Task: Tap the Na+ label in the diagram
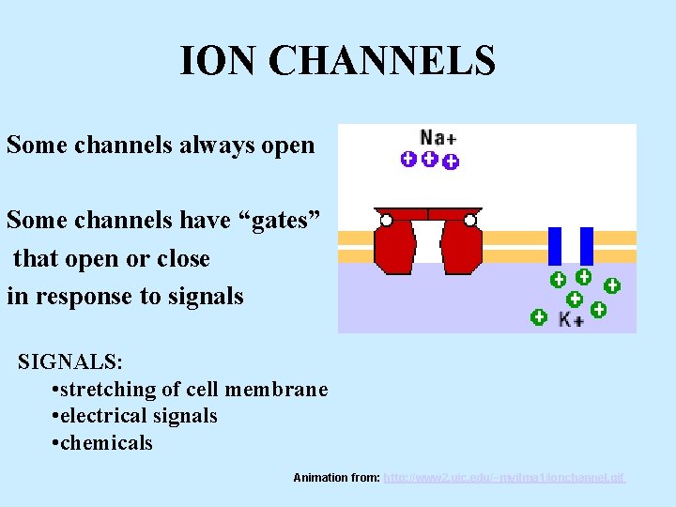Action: tap(438, 138)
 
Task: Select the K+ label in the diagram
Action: tap(570, 319)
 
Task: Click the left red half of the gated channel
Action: tap(394, 245)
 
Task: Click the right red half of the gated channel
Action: tap(462, 245)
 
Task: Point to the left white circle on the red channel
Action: tap(386, 221)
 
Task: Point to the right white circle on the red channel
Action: tap(470, 221)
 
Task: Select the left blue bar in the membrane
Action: tap(555, 246)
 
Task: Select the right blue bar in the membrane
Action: tap(587, 246)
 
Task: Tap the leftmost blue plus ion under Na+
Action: tap(408, 160)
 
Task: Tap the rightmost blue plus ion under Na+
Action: tap(451, 162)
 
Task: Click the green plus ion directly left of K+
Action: tap(539, 317)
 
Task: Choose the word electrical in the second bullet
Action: tap(103, 416)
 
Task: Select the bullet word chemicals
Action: tap(106, 443)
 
